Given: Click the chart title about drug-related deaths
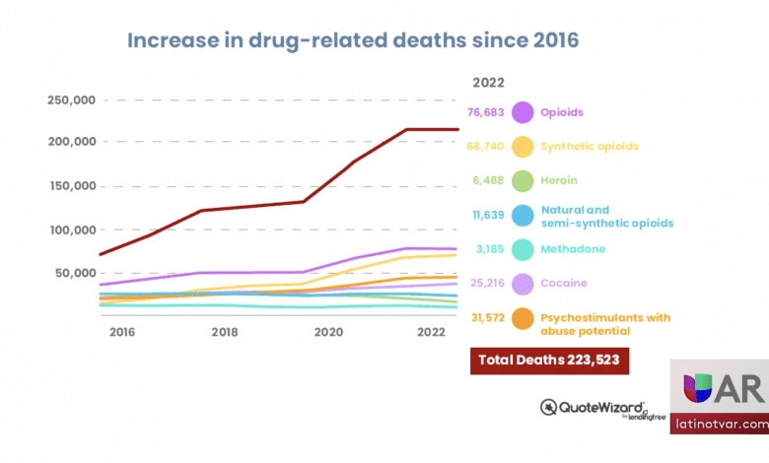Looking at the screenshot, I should pos(352,41).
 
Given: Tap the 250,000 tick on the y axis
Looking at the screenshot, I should pos(71,99).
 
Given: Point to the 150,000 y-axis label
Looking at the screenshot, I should pos(71,186).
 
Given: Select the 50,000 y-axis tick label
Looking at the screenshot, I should pos(75,273).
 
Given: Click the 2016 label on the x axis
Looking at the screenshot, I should pos(121,332).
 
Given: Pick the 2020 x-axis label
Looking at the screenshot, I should pos(328,332).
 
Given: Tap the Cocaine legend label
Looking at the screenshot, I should pos(565,284).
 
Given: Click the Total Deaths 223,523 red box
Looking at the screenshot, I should pos(550,361).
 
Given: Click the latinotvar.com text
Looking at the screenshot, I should pos(717,425).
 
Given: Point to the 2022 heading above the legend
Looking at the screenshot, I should pos(490,82).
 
